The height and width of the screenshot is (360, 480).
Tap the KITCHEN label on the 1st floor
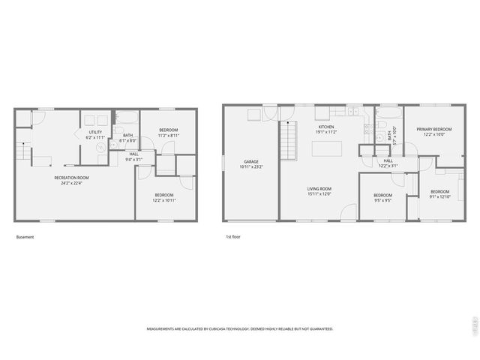pyautogui.click(x=325, y=127)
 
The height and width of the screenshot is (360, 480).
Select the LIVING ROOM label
pyautogui.click(x=319, y=188)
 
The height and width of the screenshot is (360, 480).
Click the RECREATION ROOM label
pyautogui.click(x=71, y=177)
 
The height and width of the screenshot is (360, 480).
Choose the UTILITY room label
pyautogui.click(x=95, y=132)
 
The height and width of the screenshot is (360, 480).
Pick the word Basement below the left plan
pyautogui.click(x=25, y=237)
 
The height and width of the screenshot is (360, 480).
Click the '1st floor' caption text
pyautogui.click(x=232, y=237)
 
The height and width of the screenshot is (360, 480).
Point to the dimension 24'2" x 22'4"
pyautogui.click(x=71, y=182)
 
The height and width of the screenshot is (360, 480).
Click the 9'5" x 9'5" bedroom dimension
pyautogui.click(x=382, y=201)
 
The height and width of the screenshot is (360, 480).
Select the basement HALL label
pyautogui.click(x=133, y=153)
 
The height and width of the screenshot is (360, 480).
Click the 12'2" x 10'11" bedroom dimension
pyautogui.click(x=164, y=200)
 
